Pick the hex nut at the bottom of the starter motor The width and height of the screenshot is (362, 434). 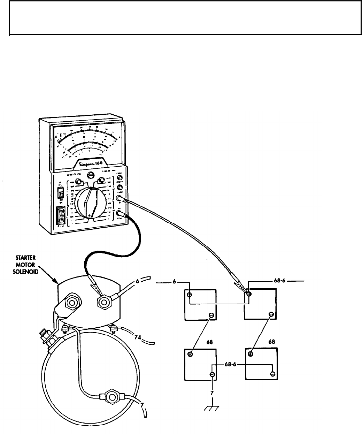(x=111, y=397)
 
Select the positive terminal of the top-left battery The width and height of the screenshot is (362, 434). (x=190, y=295)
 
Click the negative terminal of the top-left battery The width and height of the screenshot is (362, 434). (x=211, y=315)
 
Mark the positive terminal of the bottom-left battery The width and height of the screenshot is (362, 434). (x=190, y=355)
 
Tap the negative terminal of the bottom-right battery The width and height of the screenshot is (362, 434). (x=272, y=374)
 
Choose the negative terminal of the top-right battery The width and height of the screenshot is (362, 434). (x=271, y=315)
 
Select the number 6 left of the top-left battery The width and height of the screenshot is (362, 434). (x=174, y=282)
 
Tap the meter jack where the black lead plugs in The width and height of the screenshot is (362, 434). (x=120, y=214)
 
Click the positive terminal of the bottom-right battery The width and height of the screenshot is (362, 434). (x=251, y=354)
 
